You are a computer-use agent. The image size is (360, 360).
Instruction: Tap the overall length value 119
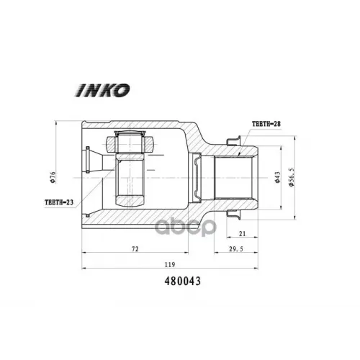[170, 264]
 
